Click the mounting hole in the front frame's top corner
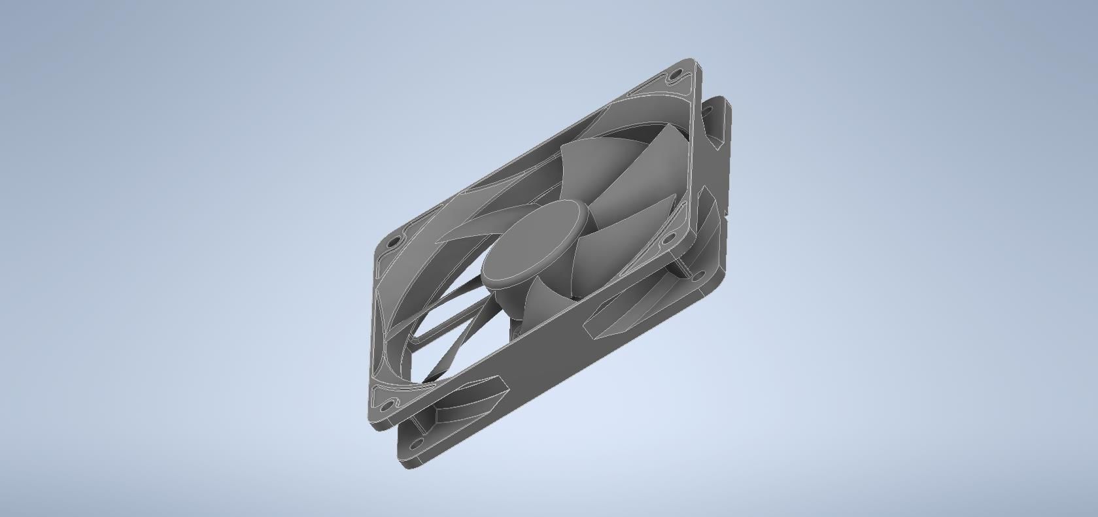tap(675, 76)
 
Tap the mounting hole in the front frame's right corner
tap(667, 240)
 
